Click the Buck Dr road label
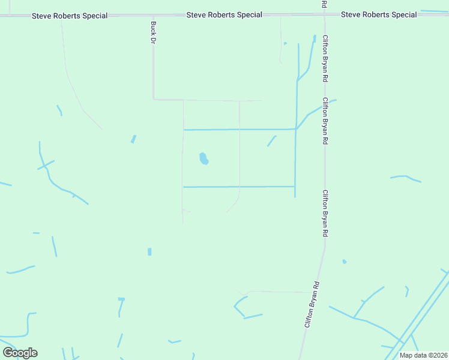[153, 33]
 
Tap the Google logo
[20, 352]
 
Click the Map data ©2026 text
[423, 355]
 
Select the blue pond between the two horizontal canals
[204, 159]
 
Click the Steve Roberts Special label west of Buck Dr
[70, 16]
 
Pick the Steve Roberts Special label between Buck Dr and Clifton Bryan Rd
[224, 14]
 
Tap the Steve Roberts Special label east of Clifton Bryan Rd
[379, 14]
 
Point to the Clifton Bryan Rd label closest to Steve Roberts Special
[325, 59]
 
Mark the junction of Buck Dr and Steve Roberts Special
[153, 15]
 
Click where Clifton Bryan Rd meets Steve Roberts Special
[324, 14]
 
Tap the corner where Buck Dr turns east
[154, 99]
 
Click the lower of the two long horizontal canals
[239, 187]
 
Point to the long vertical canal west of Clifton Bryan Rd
[295, 138]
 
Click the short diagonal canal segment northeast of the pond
[271, 141]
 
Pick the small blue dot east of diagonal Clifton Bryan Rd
[344, 261]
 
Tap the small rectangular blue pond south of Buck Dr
[149, 251]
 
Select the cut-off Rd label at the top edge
[324, 4]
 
